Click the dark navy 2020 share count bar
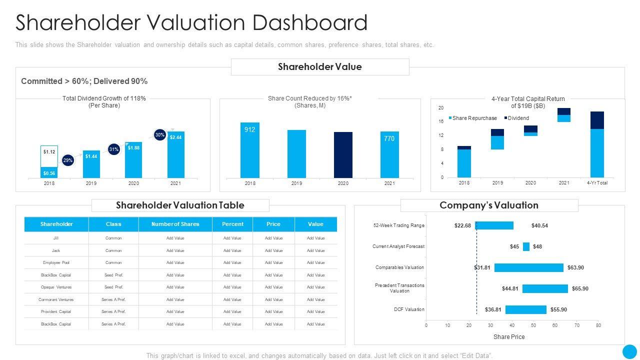pyautogui.click(x=343, y=154)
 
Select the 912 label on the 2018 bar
pyautogui.click(x=249, y=129)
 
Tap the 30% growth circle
pyautogui.click(x=159, y=135)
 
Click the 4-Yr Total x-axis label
pyautogui.click(x=597, y=183)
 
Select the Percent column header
pyautogui.click(x=232, y=224)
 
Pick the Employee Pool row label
pyautogui.click(x=56, y=262)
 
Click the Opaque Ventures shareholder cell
pyautogui.click(x=56, y=287)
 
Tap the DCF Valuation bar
pyautogui.click(x=525, y=309)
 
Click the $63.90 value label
pyautogui.click(x=575, y=267)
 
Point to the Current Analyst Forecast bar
pyautogui.click(x=526, y=246)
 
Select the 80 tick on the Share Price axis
pyautogui.click(x=598, y=325)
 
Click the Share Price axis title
pyautogui.click(x=509, y=337)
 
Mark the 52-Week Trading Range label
pyautogui.click(x=398, y=225)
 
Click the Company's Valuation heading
pyautogui.click(x=488, y=205)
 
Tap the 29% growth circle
pyautogui.click(x=68, y=160)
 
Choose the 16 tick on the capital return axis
pyautogui.click(x=441, y=121)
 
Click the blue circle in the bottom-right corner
pyautogui.click(x=629, y=351)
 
